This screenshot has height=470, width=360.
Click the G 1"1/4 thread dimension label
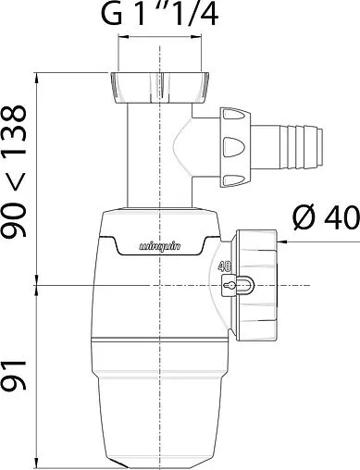pyautogui.click(x=160, y=14)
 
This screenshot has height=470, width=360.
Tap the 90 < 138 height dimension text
pyautogui.click(x=14, y=171)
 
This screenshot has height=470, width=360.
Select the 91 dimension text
pyautogui.click(x=14, y=375)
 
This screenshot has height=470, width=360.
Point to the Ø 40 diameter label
pyautogui.click(x=327, y=218)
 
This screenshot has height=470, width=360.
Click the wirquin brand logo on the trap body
pyautogui.click(x=160, y=246)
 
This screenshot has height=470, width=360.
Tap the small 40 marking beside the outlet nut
pyautogui.click(x=225, y=266)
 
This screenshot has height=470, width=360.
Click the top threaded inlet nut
pyautogui.click(x=159, y=88)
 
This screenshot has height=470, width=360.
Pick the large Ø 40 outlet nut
pyautogui.click(x=256, y=285)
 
